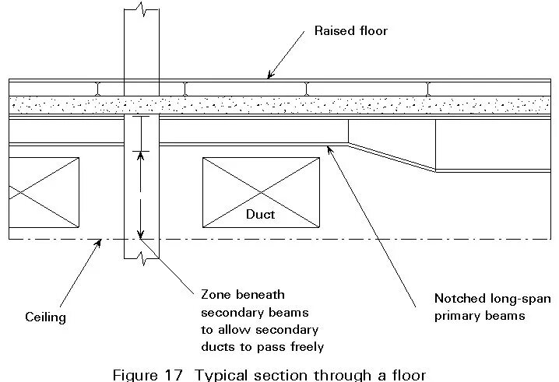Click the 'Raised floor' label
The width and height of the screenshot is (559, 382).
click(350, 31)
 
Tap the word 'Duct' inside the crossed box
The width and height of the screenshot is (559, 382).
click(260, 213)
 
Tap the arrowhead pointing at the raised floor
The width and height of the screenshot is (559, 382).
click(270, 75)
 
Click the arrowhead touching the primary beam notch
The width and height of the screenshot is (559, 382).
click(330, 148)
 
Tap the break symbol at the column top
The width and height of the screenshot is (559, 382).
click(142, 9)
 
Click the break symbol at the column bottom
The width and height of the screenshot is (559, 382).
click(142, 255)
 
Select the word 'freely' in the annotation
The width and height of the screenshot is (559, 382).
click(305, 346)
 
